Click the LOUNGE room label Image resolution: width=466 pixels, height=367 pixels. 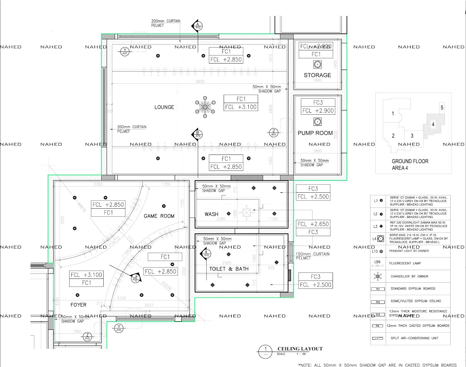coord(164,107)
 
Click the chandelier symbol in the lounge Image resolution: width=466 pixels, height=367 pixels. coord(205,107)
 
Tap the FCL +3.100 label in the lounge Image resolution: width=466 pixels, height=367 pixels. coord(241,107)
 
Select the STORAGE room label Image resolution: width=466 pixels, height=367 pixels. coord(317,75)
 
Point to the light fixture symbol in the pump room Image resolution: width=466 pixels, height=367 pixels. coord(317,122)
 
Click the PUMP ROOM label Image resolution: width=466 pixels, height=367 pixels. coord(315,133)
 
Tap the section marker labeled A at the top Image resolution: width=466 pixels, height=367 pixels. coord(198,26)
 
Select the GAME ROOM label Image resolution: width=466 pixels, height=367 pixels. coord(159,216)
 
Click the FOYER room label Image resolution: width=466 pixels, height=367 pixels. coord(78,305)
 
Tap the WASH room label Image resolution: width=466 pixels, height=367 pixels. coord(211,214)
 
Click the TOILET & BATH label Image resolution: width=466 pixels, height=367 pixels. coord(229,269)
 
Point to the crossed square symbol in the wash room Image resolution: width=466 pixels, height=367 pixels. coord(247,213)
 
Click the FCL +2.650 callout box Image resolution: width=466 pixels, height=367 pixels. coord(313,224)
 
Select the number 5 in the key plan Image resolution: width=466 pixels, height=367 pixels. coord(442,108)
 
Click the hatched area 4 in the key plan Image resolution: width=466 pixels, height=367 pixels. coord(433,125)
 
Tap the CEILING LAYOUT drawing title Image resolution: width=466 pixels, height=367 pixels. coord(300,349)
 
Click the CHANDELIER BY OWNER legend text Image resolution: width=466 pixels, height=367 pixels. coord(409,276)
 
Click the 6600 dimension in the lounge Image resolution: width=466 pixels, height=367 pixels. coord(200,81)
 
